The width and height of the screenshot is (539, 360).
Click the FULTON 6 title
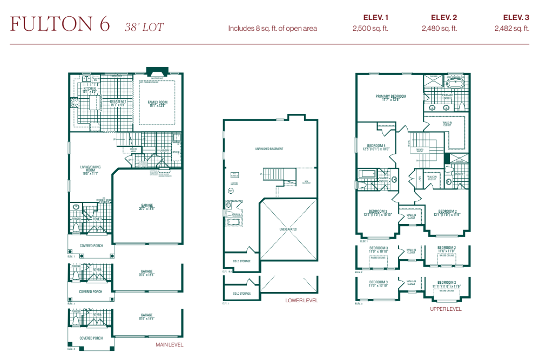(60, 24)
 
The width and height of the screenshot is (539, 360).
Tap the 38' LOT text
(144, 26)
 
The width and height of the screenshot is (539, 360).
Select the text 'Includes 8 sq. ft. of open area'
(272, 29)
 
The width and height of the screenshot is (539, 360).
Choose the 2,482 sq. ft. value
(511, 29)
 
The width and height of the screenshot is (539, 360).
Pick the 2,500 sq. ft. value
(370, 29)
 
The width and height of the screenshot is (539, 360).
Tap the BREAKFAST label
(118, 103)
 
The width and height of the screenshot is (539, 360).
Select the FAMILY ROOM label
(158, 103)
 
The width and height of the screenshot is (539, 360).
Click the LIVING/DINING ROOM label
(91, 171)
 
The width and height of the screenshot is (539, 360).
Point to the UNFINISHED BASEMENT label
(269, 149)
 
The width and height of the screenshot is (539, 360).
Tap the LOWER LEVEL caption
(301, 301)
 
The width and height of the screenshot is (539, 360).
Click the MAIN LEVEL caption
(170, 344)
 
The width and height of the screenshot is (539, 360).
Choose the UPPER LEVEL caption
(446, 309)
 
